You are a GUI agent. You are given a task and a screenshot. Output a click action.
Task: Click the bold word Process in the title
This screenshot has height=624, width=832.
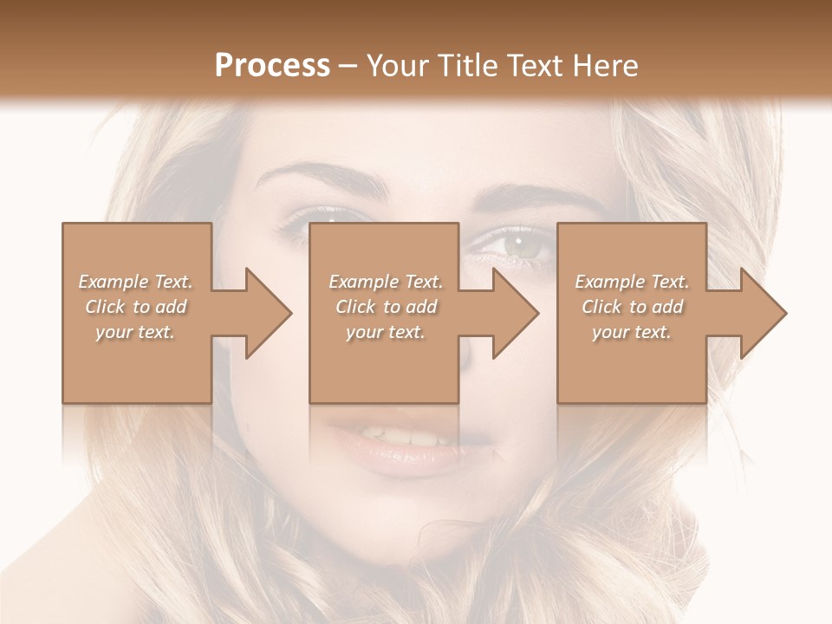click(x=272, y=65)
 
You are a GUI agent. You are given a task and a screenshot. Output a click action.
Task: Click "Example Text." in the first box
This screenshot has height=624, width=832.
click(x=136, y=282)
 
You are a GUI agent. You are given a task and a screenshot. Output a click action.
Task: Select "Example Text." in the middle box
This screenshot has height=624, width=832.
click(x=386, y=282)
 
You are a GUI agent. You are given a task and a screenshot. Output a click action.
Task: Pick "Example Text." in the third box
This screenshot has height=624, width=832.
click(x=632, y=282)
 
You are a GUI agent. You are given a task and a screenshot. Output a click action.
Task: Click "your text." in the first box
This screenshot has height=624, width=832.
click(x=136, y=332)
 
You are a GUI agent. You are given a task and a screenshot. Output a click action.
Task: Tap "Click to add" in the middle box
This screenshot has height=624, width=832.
click(x=386, y=307)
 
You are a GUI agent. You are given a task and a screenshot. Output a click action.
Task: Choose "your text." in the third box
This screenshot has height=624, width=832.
click(x=632, y=332)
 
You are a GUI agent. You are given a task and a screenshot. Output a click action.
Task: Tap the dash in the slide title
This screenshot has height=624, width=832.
click(x=348, y=66)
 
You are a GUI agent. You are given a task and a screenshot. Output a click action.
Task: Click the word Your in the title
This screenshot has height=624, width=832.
click(x=398, y=65)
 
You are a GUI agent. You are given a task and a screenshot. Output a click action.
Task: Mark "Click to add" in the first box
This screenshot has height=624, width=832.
click(x=136, y=307)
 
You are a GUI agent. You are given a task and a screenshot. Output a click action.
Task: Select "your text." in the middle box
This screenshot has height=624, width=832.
click(x=386, y=332)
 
